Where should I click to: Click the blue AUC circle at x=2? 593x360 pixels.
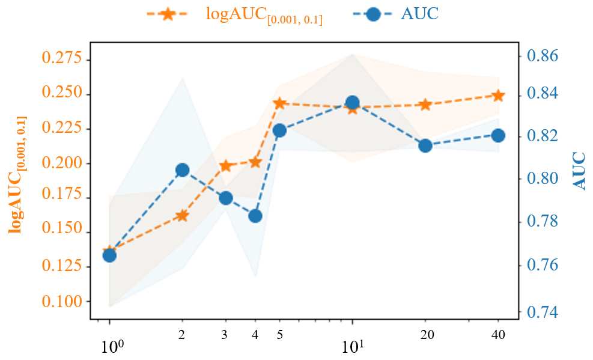click(182, 170)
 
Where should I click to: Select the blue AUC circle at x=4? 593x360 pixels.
click(255, 216)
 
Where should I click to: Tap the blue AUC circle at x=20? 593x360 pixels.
click(425, 145)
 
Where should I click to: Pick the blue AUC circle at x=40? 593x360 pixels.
click(498, 135)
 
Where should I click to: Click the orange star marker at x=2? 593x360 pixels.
click(182, 216)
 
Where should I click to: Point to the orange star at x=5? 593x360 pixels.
click(279, 103)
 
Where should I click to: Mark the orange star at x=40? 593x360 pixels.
click(498, 96)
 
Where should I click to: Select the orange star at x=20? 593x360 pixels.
click(425, 105)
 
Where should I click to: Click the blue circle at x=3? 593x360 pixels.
click(226, 198)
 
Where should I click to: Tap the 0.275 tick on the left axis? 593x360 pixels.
click(62, 59)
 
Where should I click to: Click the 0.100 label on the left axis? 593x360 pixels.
click(62, 301)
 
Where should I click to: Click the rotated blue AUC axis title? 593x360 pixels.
click(579, 171)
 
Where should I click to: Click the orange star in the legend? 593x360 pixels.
click(167, 14)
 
